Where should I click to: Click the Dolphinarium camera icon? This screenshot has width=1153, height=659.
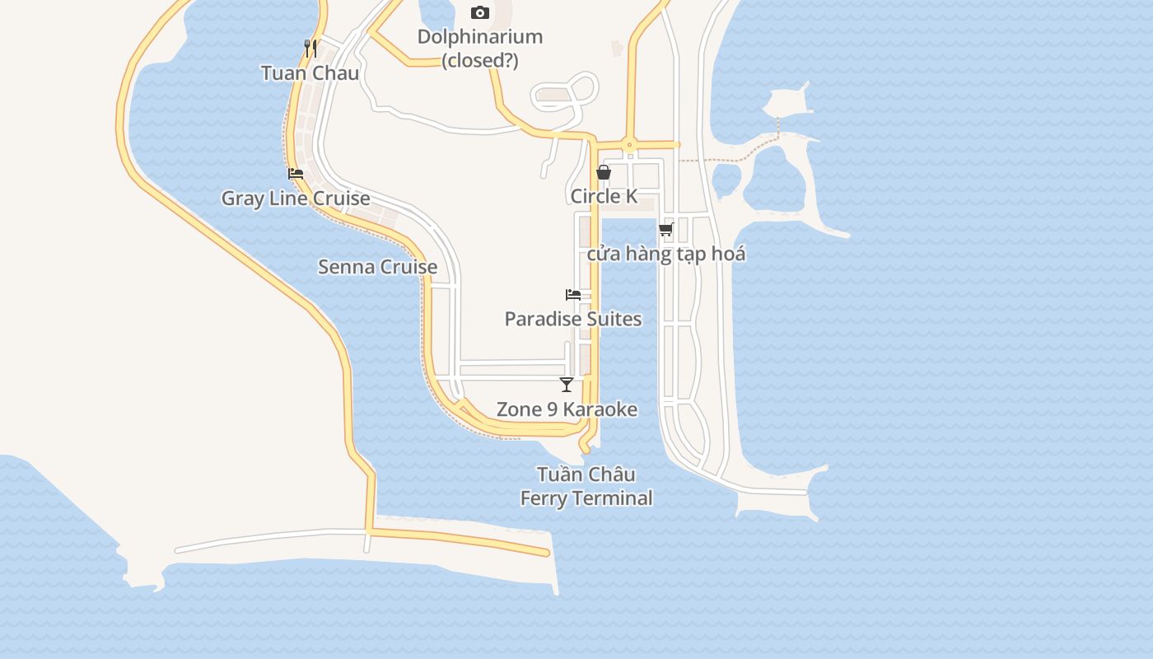point(479,12)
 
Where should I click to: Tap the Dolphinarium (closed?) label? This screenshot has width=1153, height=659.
point(479,48)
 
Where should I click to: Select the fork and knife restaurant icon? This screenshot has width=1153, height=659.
point(310,48)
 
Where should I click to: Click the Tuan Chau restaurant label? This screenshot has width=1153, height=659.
point(310,73)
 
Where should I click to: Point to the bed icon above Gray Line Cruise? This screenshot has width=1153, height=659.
point(296,174)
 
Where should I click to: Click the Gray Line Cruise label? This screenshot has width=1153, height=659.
point(295,199)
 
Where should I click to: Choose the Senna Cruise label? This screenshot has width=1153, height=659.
point(377,267)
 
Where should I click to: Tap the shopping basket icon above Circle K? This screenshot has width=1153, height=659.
point(604,172)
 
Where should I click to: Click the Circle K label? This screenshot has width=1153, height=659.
point(604,196)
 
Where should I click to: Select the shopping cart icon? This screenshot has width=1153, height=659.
point(665,229)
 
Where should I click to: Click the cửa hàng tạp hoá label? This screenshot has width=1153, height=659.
point(665,254)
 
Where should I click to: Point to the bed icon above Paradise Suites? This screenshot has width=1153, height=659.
point(573,294)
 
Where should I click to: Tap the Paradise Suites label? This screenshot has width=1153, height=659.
point(572,319)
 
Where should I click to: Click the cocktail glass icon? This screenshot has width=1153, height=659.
point(567,384)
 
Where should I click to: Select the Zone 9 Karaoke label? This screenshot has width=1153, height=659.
point(567,409)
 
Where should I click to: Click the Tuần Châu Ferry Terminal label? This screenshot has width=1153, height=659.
point(586,486)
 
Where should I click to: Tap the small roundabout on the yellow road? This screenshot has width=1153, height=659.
point(629,145)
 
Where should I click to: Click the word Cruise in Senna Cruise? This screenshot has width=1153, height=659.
point(408,267)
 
